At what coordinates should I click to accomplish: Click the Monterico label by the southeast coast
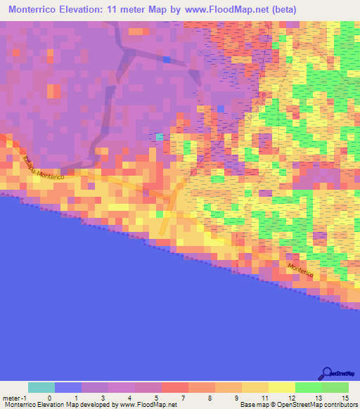point(304,268)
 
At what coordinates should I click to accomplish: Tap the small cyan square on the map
point(160,136)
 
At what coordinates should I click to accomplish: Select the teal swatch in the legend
point(41,387)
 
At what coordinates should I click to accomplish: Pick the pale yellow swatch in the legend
point(281,387)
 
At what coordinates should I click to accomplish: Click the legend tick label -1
point(25,397)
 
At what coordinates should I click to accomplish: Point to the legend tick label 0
point(49,397)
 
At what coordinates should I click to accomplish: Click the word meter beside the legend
point(11,397)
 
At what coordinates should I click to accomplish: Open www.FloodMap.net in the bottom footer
point(148,405)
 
